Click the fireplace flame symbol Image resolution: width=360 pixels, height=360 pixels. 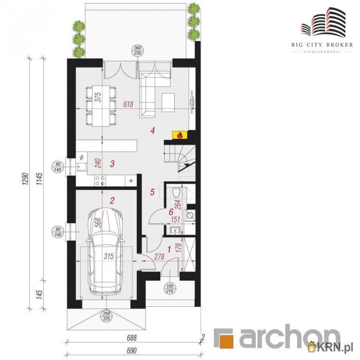(180, 135)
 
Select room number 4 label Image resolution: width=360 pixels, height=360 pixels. (153, 131)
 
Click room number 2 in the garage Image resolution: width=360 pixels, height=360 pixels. (112, 201)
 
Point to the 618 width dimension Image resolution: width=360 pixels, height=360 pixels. (128, 104)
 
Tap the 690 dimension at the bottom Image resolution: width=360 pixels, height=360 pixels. (132, 351)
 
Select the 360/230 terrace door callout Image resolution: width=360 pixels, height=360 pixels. (137, 50)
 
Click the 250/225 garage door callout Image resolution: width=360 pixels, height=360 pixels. (107, 316)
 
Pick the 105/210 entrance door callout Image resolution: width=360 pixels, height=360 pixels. (169, 288)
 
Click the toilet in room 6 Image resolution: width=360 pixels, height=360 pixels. (176, 192)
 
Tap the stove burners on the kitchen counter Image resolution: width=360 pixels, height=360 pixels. (100, 180)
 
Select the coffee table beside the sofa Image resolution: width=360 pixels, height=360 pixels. (168, 102)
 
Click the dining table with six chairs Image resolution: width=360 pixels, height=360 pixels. (101, 106)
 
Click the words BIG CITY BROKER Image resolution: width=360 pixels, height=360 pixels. (322, 45)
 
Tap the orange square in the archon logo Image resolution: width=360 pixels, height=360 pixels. (227, 339)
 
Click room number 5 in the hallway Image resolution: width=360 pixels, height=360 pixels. (153, 192)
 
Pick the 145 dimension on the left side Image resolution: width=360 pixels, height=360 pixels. (39, 295)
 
